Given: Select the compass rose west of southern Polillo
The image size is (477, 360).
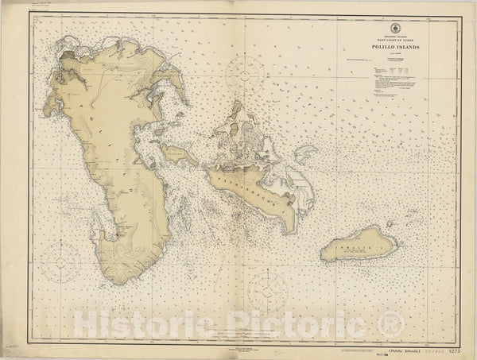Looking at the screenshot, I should (61, 261).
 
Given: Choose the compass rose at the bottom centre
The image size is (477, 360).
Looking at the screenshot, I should (267, 292).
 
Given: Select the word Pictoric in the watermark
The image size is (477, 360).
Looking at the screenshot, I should (294, 323).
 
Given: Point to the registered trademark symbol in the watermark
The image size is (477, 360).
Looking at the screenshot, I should (393, 322).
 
